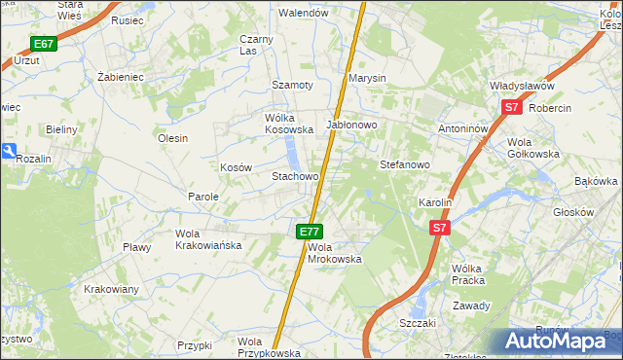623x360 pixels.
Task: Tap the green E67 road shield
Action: click(x=43, y=44)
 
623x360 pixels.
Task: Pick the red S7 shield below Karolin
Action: click(x=439, y=228)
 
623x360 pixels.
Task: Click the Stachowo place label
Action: click(x=295, y=177)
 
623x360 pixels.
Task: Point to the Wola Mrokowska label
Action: click(x=334, y=253)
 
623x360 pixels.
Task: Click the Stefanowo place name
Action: click(x=405, y=164)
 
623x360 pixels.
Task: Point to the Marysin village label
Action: click(x=368, y=78)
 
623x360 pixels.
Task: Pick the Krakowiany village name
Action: click(x=112, y=289)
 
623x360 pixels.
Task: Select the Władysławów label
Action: click(x=528, y=86)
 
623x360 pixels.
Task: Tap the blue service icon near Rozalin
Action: click(x=8, y=151)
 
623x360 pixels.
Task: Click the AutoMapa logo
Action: click(x=558, y=342)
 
